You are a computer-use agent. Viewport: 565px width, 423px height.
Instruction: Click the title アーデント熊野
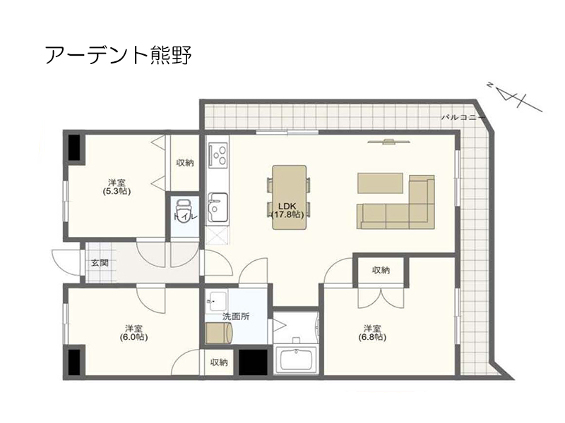119,55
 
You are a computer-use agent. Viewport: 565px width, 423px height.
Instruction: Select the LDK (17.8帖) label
287,210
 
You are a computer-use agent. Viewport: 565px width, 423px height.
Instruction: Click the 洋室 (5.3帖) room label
117,187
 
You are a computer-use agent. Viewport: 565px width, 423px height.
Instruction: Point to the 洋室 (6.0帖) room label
134,333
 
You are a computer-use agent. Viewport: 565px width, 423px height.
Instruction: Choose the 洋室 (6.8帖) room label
372,333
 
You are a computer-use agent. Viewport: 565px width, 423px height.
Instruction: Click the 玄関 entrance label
99,263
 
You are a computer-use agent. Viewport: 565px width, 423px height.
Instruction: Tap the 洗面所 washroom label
236,317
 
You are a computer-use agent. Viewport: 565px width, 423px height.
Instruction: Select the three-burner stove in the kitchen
218,154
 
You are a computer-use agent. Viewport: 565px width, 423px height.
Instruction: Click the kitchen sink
218,208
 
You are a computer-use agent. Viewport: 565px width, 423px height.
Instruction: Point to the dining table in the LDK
290,197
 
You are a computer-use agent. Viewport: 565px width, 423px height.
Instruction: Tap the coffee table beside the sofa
380,183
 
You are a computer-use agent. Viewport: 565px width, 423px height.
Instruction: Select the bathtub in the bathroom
296,360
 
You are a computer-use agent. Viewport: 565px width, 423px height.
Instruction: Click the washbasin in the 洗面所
216,300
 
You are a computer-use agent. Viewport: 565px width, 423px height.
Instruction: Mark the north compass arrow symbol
515,97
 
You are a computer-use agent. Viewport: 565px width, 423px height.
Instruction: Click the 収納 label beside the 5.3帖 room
185,163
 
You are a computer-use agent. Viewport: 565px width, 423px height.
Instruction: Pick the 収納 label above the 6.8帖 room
381,270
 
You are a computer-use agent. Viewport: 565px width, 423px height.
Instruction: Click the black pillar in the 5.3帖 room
74,147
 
